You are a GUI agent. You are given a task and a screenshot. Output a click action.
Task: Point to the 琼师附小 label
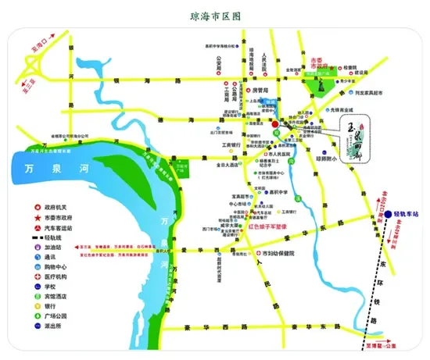click(325, 159)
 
